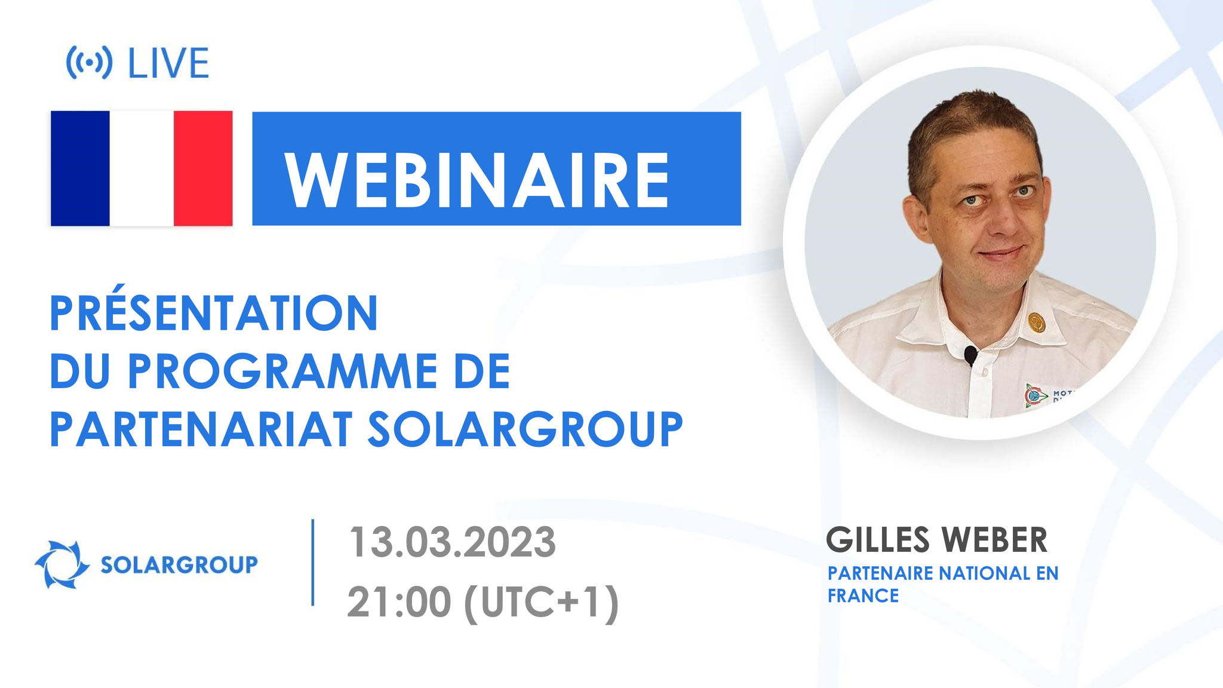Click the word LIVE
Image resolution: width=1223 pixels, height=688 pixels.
168,63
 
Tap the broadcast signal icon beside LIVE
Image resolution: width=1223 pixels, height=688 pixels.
89,63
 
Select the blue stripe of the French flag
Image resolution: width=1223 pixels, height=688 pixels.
80,168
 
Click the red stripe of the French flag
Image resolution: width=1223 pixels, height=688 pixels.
203,168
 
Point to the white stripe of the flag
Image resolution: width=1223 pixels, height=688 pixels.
142,168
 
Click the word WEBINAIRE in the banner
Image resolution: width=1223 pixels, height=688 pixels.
477,180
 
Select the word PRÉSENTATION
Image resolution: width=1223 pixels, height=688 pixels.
214,313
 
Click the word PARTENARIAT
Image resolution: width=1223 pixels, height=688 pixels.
201,429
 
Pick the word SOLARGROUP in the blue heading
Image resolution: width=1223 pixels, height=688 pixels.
525,429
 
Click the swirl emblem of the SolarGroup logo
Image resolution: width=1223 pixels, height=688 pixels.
62,564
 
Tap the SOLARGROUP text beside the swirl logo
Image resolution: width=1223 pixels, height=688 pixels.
179,564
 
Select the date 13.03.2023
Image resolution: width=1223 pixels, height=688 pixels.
452,542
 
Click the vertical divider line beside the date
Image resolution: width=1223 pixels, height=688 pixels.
313,563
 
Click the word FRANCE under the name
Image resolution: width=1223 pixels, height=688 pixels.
863,595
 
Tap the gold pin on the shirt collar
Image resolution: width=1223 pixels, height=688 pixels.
1037,322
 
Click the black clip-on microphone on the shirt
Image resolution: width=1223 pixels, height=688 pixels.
970,355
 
